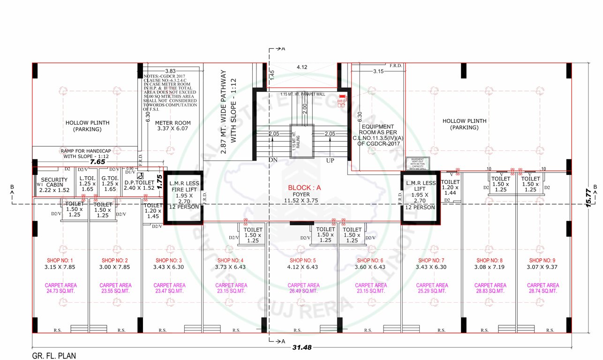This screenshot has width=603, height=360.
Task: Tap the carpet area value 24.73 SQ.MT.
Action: click(60, 291)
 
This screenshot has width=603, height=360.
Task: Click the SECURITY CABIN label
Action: click(55, 183)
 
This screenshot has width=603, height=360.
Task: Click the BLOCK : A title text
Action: click(305, 187)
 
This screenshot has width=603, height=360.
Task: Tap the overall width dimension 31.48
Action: click(301, 347)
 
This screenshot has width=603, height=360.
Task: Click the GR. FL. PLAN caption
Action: click(54, 356)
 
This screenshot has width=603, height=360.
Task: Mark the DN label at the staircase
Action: click(273, 160)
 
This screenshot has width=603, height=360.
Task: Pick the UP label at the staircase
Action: click(331, 160)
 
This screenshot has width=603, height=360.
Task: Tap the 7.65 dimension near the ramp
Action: click(98, 161)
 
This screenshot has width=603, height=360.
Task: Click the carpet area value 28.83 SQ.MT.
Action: click(490, 291)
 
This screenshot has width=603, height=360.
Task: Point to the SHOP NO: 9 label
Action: click(543, 260)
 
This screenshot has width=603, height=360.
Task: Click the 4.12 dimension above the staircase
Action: click(302, 67)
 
